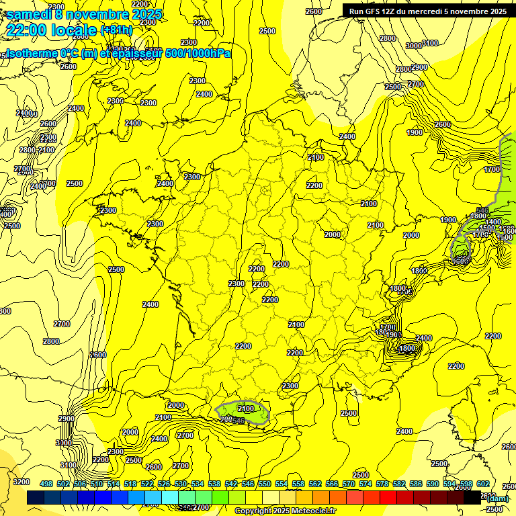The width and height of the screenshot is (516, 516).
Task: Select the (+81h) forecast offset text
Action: tap(116, 30)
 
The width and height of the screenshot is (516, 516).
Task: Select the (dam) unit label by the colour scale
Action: tap(497, 498)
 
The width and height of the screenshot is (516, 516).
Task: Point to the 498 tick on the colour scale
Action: tap(46, 484)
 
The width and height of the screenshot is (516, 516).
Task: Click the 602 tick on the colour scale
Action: tap(482, 484)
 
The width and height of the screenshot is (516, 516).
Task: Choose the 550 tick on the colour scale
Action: tap(265, 484)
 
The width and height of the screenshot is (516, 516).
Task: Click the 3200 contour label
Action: tap(21, 482)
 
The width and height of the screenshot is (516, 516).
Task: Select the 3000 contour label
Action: tap(414, 45)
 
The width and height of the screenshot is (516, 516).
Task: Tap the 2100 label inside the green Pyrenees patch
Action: tap(246, 408)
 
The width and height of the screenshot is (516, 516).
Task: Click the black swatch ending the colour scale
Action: tap(472, 497)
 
